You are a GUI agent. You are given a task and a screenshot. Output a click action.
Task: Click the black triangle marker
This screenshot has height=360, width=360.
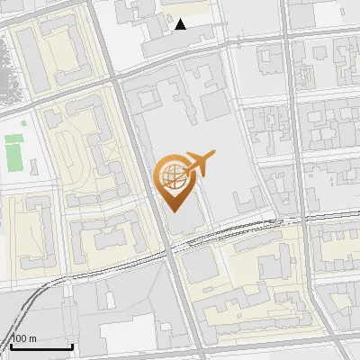(x=181, y=24)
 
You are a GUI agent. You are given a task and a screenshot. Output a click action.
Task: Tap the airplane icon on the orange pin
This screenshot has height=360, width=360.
(x=200, y=164)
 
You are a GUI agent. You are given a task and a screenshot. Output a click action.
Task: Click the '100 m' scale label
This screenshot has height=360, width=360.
(x=23, y=338)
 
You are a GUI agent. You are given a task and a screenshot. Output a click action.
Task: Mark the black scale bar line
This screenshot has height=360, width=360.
(x=40, y=346)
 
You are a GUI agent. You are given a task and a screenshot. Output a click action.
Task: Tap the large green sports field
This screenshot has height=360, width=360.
(x=13, y=155)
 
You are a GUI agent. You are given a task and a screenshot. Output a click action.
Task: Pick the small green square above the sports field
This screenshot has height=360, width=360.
(x=11, y=138)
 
